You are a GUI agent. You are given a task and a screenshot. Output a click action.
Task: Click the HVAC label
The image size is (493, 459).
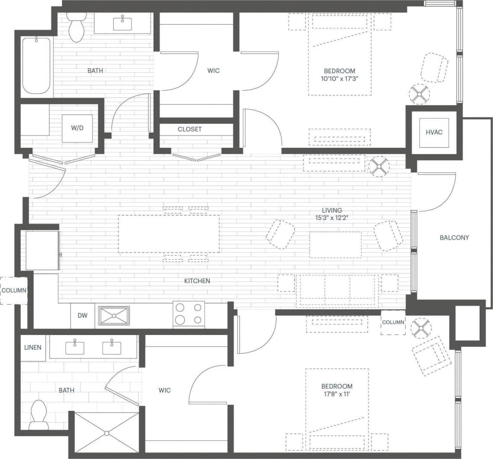pos(434,132)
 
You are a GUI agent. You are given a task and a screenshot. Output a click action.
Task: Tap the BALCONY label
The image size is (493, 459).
pos(454,238)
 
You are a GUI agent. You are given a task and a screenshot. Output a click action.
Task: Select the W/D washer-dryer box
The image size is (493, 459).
pos(77,128)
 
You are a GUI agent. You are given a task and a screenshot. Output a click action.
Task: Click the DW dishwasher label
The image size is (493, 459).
pos(82,316)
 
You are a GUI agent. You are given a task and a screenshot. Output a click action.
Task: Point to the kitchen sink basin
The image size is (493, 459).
pos(114,316)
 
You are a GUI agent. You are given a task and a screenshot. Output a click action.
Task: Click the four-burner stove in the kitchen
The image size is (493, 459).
pos(189,314)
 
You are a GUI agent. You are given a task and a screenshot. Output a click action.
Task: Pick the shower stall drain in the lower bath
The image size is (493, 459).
pos(107,433)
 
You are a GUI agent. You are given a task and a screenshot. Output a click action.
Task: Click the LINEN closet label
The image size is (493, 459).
pos(33,348)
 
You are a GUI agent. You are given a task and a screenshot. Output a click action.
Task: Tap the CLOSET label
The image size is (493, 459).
pos(189,129)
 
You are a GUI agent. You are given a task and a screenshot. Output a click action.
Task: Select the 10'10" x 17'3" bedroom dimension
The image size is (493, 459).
pos(340,78)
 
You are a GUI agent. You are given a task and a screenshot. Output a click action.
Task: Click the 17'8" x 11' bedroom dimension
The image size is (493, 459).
pos(336,394)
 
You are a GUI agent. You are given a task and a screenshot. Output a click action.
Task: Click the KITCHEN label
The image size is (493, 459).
pos(197,281)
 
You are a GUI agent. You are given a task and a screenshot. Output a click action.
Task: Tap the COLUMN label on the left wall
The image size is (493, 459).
pos(13,290)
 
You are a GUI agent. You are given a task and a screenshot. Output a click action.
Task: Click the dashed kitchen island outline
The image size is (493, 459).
pos(169,234)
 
